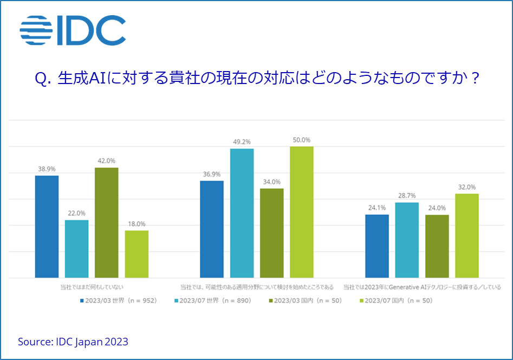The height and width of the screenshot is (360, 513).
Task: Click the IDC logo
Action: (73, 31)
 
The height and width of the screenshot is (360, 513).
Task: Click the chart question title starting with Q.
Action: (257, 79)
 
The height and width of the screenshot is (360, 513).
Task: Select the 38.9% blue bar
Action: (47, 227)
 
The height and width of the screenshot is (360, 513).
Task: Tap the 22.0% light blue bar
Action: (76, 249)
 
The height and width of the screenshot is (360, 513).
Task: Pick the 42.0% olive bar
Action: (107, 223)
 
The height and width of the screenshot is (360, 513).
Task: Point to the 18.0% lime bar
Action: (137, 254)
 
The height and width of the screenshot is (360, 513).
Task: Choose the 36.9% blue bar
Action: (212, 229)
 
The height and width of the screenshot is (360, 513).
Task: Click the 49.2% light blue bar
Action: (242, 213)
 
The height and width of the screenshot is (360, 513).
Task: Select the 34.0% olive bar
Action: (271, 233)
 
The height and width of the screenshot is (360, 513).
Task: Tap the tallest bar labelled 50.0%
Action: (302, 212)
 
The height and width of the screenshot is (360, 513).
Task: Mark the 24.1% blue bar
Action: (377, 246)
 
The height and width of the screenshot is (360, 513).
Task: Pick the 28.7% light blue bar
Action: (407, 240)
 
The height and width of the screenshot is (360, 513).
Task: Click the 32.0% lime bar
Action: (467, 236)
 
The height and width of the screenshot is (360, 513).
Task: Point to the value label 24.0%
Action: (437, 208)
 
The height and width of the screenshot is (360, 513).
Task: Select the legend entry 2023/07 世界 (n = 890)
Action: (212, 300)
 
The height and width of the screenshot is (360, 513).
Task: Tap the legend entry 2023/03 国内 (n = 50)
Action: (304, 300)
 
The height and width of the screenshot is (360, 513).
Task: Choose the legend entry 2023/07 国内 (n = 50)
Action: (395, 300)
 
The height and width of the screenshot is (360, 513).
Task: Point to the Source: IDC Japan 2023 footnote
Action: (73, 342)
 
